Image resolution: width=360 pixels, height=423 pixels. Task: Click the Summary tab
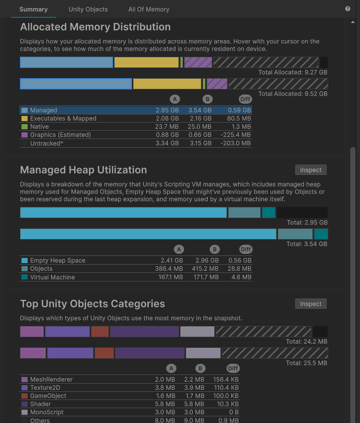pos(33,9)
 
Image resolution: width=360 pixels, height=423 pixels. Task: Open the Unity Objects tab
pos(88,9)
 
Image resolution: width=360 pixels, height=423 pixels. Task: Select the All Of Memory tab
pos(149,9)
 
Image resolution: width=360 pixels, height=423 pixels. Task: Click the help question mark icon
pos(348,9)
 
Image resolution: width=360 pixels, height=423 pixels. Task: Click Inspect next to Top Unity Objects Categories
pos(310,303)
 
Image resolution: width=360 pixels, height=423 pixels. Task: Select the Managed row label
pos(43,110)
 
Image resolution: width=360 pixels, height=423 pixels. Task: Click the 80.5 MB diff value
pos(240,119)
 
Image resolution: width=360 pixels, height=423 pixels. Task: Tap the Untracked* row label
pos(46,144)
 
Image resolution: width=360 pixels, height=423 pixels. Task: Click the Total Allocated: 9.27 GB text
pos(292,73)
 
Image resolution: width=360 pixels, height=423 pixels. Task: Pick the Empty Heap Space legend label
pos(57,261)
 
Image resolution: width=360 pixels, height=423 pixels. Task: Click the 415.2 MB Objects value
pos(205,269)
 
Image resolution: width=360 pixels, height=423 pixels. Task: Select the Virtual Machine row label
pos(52,277)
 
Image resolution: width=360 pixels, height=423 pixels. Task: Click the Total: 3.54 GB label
pos(307,244)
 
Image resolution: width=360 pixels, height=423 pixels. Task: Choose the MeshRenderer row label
pos(51,380)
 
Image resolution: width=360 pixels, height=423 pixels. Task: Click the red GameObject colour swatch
pos(24,396)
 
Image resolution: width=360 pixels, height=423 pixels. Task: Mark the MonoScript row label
pos(47,412)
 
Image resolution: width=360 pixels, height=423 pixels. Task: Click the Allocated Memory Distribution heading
pos(95,27)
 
